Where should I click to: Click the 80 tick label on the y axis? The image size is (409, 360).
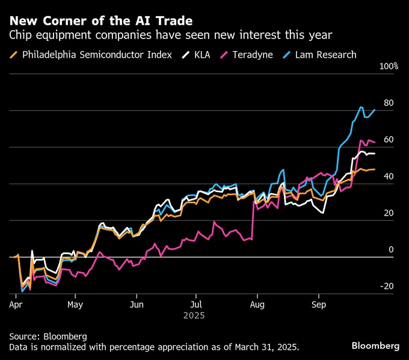[389, 103]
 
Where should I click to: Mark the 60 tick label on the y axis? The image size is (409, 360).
[389, 140]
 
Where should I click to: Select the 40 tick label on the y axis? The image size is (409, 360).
[389, 176]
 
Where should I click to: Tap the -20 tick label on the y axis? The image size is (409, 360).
[387, 287]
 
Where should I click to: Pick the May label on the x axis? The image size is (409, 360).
[75, 305]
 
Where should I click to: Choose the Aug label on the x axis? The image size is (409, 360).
[257, 305]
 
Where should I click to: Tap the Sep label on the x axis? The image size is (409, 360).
[319, 305]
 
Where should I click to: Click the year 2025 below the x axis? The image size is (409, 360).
[195, 315]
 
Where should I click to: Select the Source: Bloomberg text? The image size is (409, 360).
[48, 336]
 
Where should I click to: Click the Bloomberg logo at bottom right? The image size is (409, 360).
[375, 346]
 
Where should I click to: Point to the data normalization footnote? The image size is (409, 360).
[154, 347]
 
